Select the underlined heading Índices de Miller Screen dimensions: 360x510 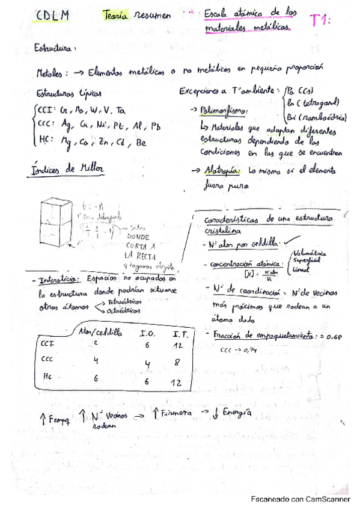[66, 169]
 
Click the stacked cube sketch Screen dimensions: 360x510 [57, 227]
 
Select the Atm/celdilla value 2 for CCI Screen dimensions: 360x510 [94, 343]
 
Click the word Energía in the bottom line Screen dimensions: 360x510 [235, 414]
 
